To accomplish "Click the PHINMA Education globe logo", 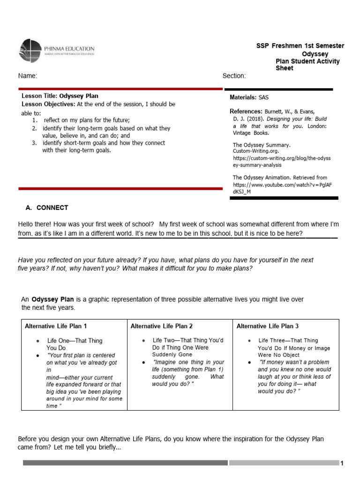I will click(30, 51).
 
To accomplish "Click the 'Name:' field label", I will click(27, 76).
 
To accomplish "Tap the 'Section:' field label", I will click(233, 76).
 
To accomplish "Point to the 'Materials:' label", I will click(243, 97).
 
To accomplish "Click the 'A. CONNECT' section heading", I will click(46, 208).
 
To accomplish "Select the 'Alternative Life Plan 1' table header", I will click(56, 326).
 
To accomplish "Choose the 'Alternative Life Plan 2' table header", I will click(162, 326).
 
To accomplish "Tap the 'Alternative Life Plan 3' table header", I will click(268, 326).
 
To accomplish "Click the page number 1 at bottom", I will click(342, 464).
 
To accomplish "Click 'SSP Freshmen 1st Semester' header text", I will click(300, 46).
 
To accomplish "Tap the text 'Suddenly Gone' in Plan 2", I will click(172, 355).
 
